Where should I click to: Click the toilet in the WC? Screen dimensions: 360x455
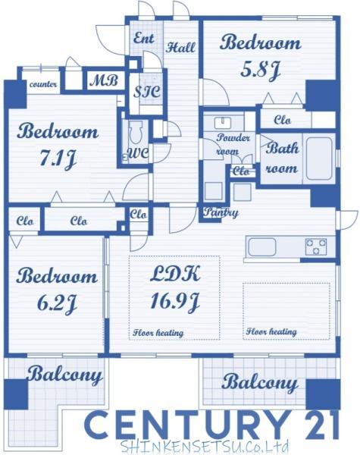136,132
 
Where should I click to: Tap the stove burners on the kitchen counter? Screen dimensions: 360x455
316,246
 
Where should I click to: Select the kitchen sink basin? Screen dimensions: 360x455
261,247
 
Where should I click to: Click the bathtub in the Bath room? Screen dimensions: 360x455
319,158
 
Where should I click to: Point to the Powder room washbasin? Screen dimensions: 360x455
223,122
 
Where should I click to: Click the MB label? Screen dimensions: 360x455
104,80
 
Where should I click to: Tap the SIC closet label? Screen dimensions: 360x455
147,92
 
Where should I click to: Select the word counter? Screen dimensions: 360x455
43,84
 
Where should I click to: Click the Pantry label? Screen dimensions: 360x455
221,212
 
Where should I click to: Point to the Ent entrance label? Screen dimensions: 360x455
143,38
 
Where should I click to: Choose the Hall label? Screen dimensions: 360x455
180,47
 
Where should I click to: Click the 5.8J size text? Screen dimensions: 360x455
260,71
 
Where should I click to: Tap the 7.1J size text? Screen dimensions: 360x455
58,159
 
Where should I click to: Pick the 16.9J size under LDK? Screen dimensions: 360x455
175,302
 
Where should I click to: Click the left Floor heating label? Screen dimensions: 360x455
158,333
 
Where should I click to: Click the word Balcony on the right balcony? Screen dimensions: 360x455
260,382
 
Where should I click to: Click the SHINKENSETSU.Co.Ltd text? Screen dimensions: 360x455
204,447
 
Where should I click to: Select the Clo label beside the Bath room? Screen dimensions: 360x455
282,120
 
